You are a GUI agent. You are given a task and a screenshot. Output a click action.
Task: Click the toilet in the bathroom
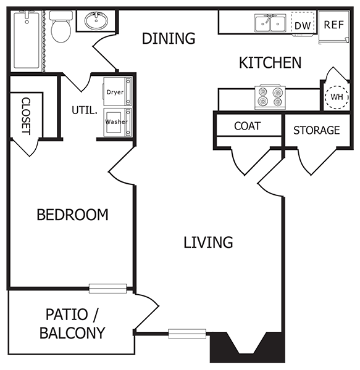pyautogui.click(x=61, y=28)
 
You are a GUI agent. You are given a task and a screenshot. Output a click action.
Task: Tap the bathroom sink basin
pyautogui.click(x=96, y=22)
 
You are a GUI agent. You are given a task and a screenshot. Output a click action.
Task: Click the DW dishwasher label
pyautogui.click(x=302, y=25)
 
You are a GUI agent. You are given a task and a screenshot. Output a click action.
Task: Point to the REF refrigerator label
pyautogui.click(x=333, y=25)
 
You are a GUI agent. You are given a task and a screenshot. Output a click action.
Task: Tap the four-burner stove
pyautogui.click(x=270, y=97)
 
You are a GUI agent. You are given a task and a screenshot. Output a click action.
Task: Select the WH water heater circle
pyautogui.click(x=336, y=97)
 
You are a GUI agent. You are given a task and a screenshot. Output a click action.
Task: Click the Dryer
pyautogui.click(x=116, y=91)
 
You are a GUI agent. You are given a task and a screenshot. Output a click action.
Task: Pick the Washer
pyautogui.click(x=116, y=121)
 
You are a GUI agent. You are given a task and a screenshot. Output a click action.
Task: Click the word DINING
pyautogui.click(x=169, y=39)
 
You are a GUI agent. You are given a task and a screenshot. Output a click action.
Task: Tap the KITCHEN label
pyautogui.click(x=270, y=62)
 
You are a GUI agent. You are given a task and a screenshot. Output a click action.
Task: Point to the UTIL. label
pyautogui.click(x=85, y=112)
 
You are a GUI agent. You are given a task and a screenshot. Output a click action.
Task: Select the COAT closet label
pyautogui.click(x=247, y=126)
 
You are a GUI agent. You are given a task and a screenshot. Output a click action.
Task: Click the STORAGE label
pyautogui.click(x=316, y=130)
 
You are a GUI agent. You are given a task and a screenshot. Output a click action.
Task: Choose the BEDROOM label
pyautogui.click(x=72, y=215)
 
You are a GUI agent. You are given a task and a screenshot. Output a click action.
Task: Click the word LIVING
pyautogui.click(x=208, y=242)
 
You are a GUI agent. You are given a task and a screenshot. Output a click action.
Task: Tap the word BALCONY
pyautogui.click(x=72, y=333)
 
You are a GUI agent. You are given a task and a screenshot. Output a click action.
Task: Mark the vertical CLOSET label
pyautogui.click(x=26, y=115)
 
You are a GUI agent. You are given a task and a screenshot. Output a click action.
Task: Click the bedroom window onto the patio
pyautogui.click(x=107, y=288)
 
